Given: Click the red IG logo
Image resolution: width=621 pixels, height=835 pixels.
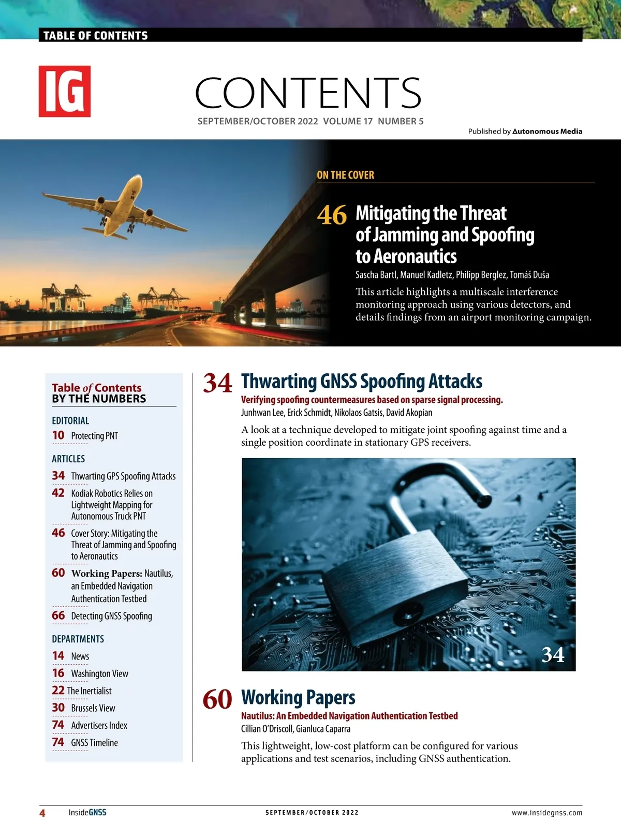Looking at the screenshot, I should tap(65, 91).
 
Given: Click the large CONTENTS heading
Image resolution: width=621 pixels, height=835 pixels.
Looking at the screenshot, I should tap(308, 93).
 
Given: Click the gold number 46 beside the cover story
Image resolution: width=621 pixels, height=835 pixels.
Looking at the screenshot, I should tap(332, 215).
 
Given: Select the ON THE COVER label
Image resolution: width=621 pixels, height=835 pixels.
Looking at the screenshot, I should tap(345, 175).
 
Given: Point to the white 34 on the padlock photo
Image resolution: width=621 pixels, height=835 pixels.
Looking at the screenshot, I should tap(553, 655).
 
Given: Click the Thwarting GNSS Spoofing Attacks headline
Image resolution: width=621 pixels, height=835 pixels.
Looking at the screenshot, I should tap(362, 382).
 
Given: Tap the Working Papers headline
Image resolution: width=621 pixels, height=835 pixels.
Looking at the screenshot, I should tap(298, 698).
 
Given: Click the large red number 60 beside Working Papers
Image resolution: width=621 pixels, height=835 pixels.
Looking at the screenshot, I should tap(217, 699).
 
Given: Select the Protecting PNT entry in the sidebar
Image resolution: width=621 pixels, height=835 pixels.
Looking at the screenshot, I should tap(94, 436).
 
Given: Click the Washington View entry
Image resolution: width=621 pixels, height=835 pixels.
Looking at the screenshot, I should tap(99, 673).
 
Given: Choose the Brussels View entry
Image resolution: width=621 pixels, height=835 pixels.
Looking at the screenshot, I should tap(93, 708).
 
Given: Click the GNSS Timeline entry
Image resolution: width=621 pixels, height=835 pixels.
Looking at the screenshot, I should tap(94, 743).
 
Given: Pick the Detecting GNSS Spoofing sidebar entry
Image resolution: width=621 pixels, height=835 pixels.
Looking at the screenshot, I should tap(111, 616).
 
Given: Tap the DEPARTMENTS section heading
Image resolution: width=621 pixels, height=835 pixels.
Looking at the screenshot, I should tap(78, 639).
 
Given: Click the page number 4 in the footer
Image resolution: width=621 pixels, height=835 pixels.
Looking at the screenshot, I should tap(42, 813).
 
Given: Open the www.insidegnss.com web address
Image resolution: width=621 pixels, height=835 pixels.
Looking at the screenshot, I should tap(546, 813).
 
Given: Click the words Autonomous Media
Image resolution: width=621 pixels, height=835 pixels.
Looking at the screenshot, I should tap(547, 131).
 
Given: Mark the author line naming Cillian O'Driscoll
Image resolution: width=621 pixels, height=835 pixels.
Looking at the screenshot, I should tap(295, 729).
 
